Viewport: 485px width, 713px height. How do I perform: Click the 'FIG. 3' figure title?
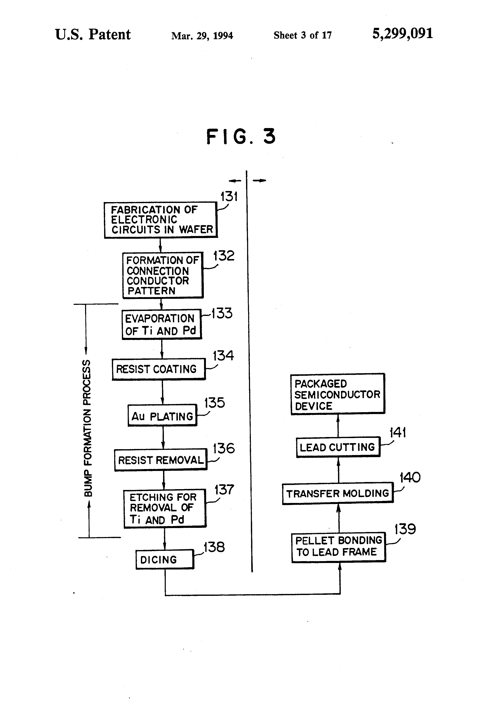point(241,137)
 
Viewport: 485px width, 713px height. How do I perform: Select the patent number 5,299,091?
point(403,34)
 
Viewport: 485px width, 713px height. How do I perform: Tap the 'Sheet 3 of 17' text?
point(302,35)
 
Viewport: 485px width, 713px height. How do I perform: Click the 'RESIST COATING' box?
point(159,369)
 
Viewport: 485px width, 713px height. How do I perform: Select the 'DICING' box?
point(165,559)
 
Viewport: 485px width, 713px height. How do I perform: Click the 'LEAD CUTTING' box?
point(338,447)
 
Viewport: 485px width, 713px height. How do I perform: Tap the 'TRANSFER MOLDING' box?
point(338,493)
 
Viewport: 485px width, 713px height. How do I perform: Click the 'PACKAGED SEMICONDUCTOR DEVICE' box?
point(338,394)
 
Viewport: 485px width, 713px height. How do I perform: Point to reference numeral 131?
point(229,197)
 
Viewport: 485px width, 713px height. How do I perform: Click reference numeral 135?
point(215,403)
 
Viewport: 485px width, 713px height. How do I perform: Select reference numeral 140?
point(410,477)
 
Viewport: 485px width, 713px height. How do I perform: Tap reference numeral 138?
point(214,547)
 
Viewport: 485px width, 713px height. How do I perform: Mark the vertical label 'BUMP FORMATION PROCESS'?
point(87,428)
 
